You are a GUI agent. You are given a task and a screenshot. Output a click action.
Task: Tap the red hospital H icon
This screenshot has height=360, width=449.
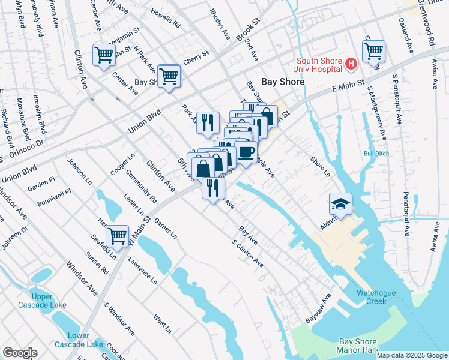point(351,62)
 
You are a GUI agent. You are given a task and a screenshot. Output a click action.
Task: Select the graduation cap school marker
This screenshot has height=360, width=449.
point(340,205)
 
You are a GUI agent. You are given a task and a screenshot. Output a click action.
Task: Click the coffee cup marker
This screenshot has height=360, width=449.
point(246,151)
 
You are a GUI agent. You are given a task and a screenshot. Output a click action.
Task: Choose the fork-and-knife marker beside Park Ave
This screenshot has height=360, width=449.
point(208,122)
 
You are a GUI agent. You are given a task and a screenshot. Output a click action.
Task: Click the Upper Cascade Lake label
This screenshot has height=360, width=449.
point(50,300)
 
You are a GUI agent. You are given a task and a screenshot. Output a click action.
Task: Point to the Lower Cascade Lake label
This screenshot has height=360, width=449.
point(80,340)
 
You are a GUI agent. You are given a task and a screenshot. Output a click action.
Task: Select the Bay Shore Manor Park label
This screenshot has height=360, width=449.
point(358,345)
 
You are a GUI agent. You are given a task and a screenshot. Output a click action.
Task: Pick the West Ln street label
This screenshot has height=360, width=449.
point(162,323)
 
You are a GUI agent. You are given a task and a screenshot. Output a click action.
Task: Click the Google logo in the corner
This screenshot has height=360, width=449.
point(20,353)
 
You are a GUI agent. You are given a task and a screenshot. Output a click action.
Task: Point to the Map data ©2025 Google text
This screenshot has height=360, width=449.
point(412,355)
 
